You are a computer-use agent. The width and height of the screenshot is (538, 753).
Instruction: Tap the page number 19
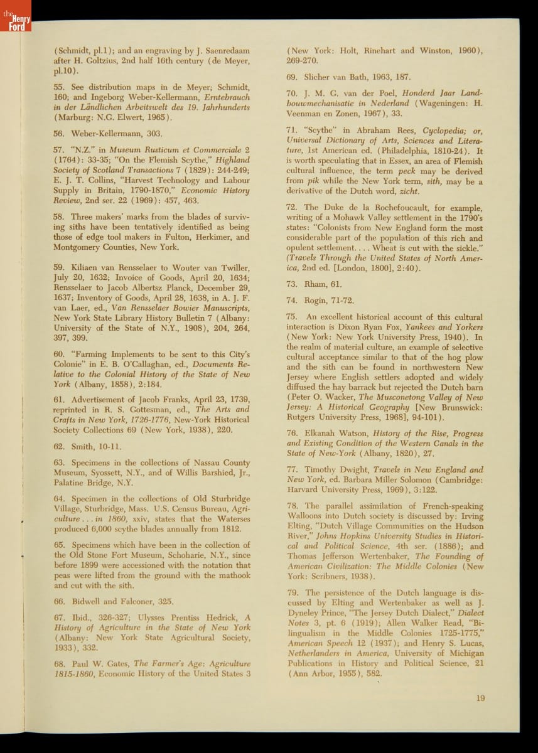pyautogui.click(x=480, y=698)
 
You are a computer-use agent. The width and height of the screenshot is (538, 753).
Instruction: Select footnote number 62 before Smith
pyautogui.click(x=60, y=446)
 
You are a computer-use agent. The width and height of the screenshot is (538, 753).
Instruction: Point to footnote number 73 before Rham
pyautogui.click(x=292, y=284)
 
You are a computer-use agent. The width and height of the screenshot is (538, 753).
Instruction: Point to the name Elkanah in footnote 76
pyautogui.click(x=322, y=434)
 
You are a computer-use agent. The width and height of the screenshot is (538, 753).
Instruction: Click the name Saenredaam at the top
pyautogui.click(x=224, y=50)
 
